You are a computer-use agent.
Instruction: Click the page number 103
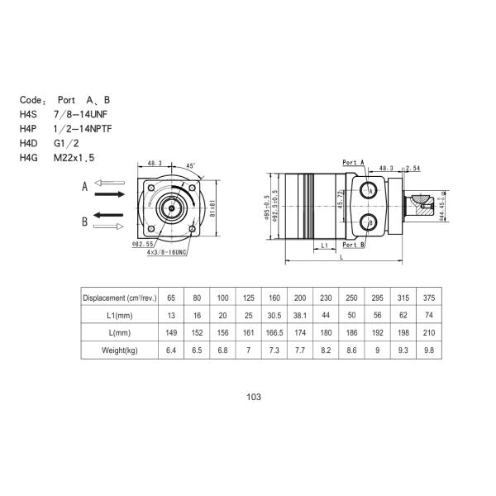pos(254,397)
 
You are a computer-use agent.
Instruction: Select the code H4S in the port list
pos(29,112)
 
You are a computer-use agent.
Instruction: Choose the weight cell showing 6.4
pos(171,351)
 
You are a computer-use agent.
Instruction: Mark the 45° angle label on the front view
pos(191,165)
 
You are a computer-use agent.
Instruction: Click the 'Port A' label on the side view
pos(353,162)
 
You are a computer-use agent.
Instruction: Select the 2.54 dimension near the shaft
pos(413,168)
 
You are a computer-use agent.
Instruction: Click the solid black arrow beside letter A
pos(110,194)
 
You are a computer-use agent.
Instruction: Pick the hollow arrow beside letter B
pos(110,225)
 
